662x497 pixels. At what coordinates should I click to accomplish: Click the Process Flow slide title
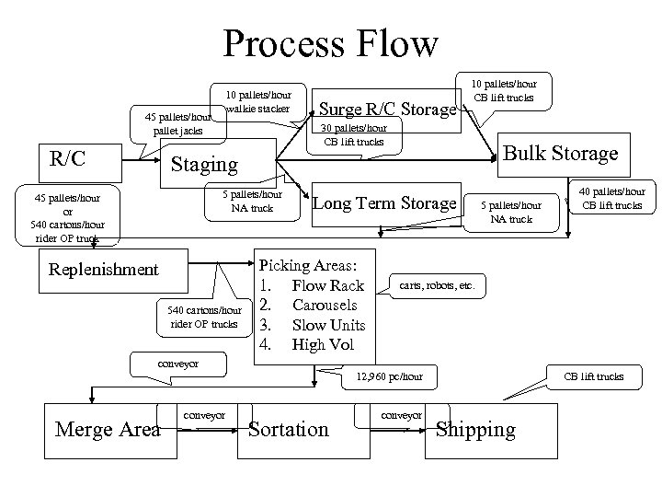point(330,42)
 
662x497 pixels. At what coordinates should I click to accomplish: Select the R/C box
point(68,158)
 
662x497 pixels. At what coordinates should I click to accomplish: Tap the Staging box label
point(205,164)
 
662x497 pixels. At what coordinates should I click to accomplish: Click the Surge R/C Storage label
point(385,110)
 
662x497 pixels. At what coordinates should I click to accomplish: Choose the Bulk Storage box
point(561,153)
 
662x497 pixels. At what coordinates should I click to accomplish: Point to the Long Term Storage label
point(385,202)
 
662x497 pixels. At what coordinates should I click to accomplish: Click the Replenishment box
point(104,270)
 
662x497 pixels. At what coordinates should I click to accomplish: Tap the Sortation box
point(288,429)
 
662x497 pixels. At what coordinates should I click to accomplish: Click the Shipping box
point(475,429)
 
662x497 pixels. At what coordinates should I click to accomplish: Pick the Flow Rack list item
point(327,285)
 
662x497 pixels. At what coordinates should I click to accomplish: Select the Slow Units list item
point(328,325)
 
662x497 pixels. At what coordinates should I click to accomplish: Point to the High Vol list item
point(323,345)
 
